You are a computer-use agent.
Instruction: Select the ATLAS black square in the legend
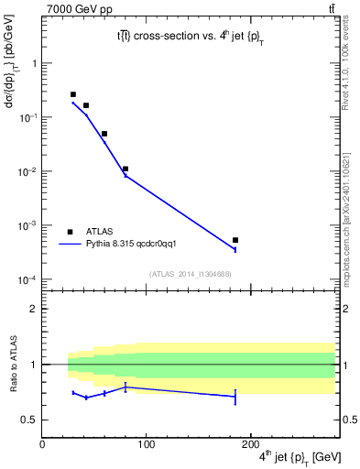click(x=70, y=232)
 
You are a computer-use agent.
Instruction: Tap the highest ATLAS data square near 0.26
click(x=73, y=94)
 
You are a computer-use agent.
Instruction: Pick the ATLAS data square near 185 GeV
click(x=235, y=240)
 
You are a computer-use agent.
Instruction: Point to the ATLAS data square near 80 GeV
click(x=125, y=169)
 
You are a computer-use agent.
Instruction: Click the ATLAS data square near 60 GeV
click(x=104, y=134)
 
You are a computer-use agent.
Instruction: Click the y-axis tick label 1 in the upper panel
click(x=34, y=63)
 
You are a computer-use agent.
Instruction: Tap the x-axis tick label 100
click(x=146, y=444)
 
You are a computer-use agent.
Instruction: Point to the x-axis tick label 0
click(x=42, y=444)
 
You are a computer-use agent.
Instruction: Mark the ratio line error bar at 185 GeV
click(x=235, y=397)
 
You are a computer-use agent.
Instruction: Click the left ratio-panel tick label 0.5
click(x=30, y=420)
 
